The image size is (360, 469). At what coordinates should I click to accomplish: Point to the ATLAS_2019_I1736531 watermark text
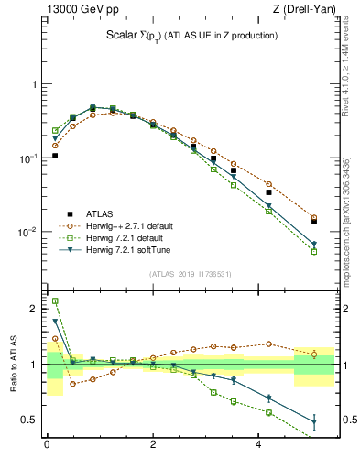[190, 274]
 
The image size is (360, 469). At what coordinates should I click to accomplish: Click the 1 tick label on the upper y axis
[34, 84]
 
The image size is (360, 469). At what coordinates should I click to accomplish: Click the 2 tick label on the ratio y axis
[34, 309]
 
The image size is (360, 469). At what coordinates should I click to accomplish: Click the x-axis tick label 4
[260, 446]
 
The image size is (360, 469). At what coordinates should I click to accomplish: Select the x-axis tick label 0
[47, 446]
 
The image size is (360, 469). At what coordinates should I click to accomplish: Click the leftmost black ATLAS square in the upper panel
[55, 156]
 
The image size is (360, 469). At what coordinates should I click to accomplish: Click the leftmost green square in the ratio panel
[55, 301]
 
